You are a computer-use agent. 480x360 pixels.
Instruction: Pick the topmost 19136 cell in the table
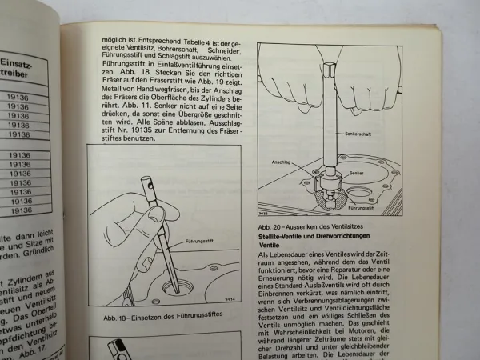pyautogui.click(x=22, y=99)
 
